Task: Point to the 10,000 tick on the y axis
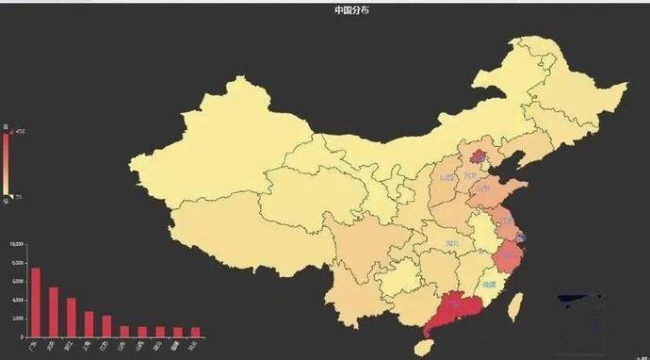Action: click(x=17, y=245)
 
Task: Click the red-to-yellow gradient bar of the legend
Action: click(x=7, y=166)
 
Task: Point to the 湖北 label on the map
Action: click(x=453, y=243)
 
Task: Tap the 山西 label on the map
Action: click(x=447, y=177)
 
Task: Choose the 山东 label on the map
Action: click(x=483, y=188)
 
